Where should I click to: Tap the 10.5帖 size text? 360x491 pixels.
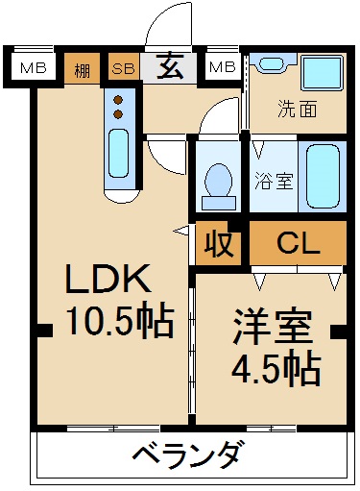point(119,320)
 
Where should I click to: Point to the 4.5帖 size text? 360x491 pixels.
point(275,368)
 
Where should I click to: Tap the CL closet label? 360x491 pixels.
point(298,242)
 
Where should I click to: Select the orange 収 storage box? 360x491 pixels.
point(220,243)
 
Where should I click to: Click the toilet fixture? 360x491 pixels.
point(220,180)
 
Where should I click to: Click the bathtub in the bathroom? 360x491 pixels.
point(322,176)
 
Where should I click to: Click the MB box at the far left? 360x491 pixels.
point(34,67)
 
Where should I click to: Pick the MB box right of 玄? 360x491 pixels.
point(222,67)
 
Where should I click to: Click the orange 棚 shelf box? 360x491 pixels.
point(84,67)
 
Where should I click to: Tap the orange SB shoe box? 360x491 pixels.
point(123,67)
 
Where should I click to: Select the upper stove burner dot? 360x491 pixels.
point(119,99)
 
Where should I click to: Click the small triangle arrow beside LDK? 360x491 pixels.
point(180,230)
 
